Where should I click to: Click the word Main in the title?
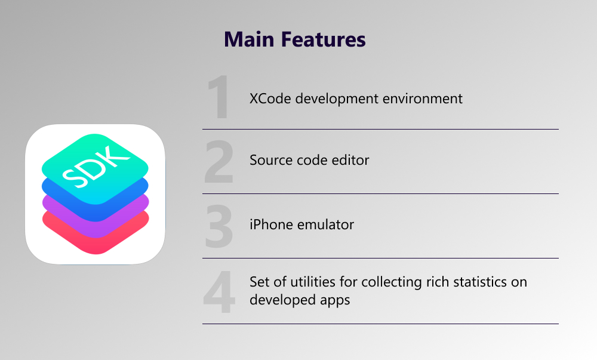249,39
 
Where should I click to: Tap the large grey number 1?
218,97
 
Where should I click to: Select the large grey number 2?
219,161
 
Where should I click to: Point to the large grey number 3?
219,226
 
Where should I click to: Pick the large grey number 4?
219,292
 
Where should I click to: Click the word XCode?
270,99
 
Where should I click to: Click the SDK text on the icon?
96,167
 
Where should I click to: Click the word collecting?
392,282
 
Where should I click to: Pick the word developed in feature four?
282,300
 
